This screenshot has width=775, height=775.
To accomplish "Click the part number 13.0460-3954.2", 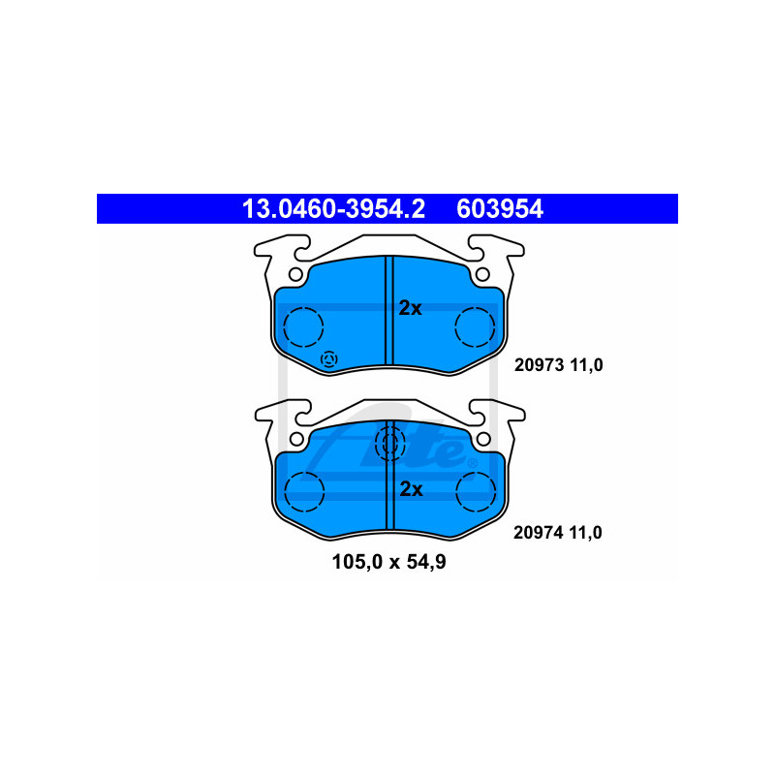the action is [333, 208].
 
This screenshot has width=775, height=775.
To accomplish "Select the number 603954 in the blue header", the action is [500, 208].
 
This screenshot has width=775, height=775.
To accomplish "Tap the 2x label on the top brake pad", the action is [410, 308].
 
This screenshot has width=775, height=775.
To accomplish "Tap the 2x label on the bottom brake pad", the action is [411, 489].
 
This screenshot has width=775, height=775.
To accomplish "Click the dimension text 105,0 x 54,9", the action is [389, 562].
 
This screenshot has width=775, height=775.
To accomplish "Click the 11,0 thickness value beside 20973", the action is [587, 365].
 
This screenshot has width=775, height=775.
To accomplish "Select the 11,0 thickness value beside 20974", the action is [586, 533].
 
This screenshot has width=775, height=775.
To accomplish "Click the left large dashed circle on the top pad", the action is [303, 327].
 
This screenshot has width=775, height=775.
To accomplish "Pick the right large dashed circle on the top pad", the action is [475, 327].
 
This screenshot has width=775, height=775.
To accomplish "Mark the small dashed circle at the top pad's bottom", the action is [329, 359].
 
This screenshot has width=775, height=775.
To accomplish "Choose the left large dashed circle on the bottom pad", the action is [304, 492].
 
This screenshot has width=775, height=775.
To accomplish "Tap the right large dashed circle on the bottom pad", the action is [476, 492].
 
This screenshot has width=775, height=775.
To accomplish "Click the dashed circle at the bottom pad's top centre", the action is [390, 444].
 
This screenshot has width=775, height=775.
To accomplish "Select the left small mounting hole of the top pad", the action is [295, 274].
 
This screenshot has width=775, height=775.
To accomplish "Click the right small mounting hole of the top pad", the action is [482, 274].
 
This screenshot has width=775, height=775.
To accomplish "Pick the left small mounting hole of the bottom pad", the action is [296, 439].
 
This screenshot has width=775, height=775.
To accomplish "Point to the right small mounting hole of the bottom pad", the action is [483, 439].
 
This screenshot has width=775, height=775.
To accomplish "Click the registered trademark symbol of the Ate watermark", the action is [473, 464].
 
